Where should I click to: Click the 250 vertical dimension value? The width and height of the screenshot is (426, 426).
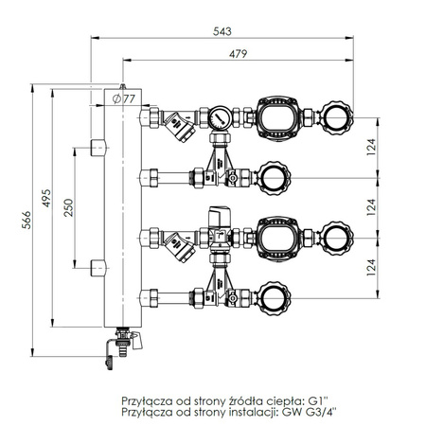(x=66, y=208)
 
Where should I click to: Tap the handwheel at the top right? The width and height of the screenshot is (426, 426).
(x=334, y=117)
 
